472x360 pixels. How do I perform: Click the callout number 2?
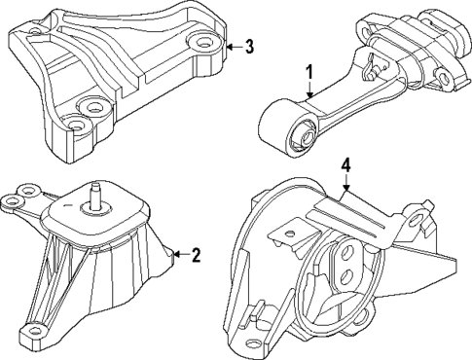[196, 256]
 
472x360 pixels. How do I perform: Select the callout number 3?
[249, 46]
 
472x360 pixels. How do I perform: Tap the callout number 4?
[345, 168]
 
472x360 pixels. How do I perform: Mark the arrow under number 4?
[344, 192]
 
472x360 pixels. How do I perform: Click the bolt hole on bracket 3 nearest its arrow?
[202, 42]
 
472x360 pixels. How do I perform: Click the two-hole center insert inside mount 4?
[344, 263]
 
